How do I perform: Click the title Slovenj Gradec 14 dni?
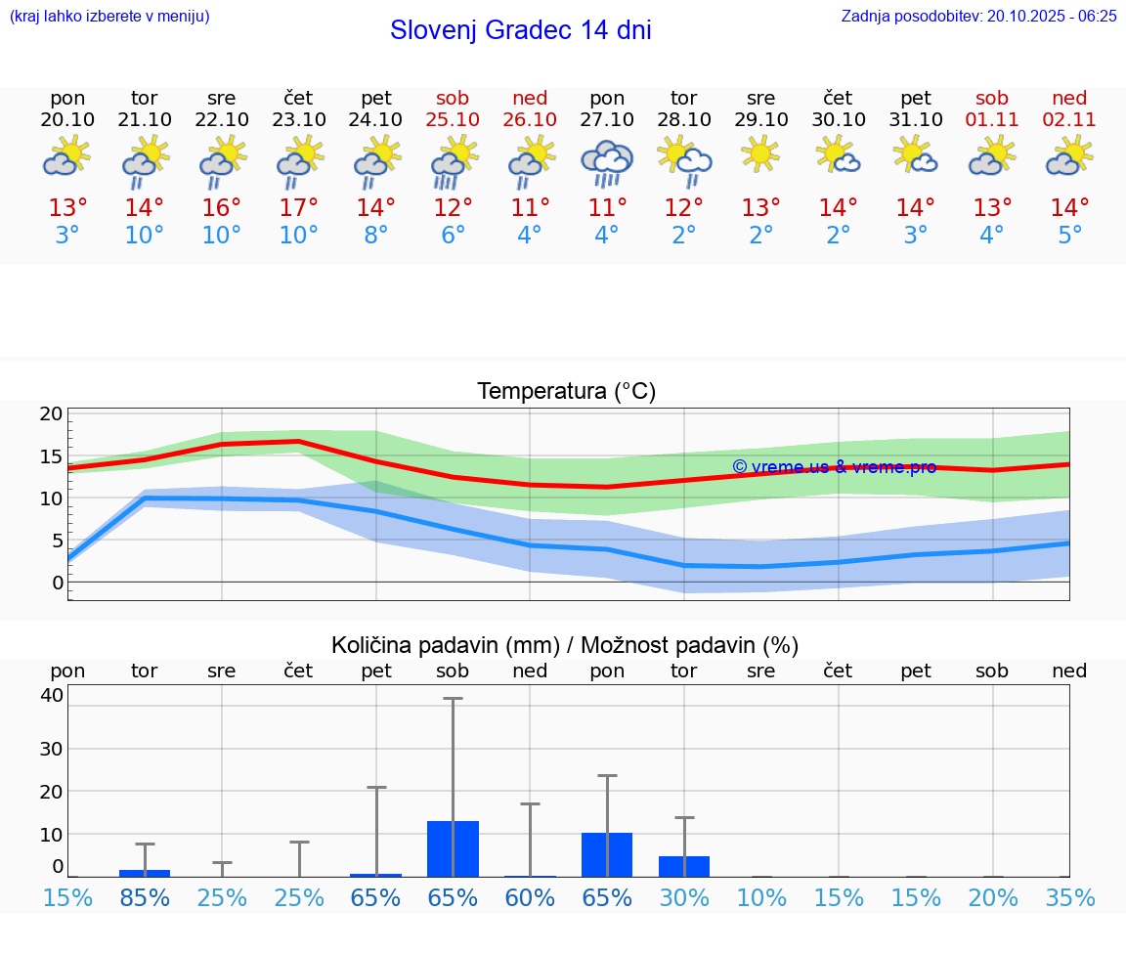click(x=520, y=30)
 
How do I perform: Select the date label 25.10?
click(x=453, y=119)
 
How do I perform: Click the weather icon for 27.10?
click(x=607, y=162)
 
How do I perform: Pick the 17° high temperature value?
click(x=298, y=208)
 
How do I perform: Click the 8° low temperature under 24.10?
click(x=375, y=236)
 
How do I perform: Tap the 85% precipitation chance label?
click(x=145, y=898)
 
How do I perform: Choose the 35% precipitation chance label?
click(x=1069, y=898)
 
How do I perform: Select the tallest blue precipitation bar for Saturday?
click(x=453, y=848)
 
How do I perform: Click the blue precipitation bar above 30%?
click(x=684, y=866)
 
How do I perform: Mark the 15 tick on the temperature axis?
click(x=52, y=456)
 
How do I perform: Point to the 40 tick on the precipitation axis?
click(x=52, y=695)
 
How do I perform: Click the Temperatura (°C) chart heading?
click(x=566, y=392)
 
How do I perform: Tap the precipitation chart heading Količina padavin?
click(x=565, y=645)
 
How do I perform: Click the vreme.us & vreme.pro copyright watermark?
click(x=834, y=467)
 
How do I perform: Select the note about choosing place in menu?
click(x=108, y=16)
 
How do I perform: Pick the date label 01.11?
click(x=992, y=119)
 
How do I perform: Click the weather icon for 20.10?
click(x=67, y=156)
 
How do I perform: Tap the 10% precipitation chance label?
click(x=761, y=898)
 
